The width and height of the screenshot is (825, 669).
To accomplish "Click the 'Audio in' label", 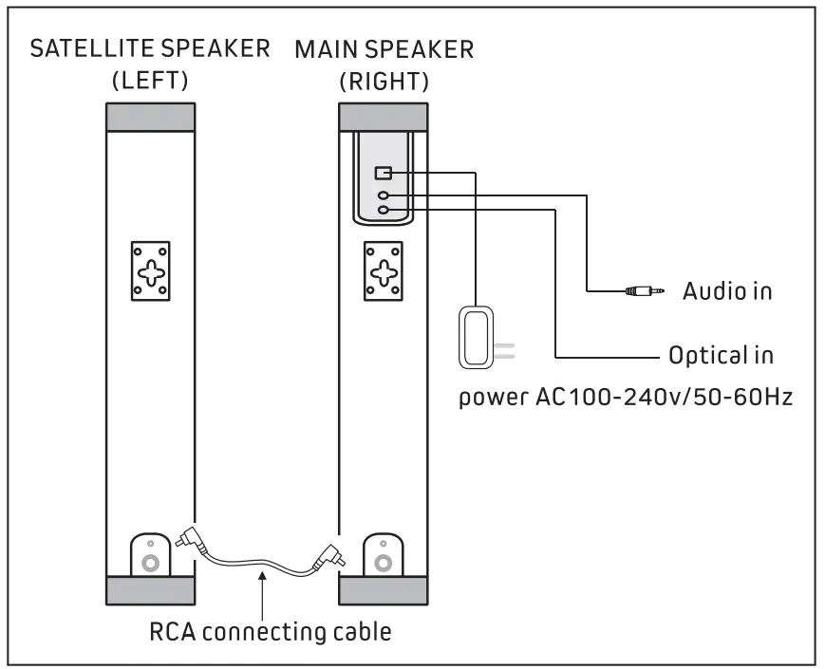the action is click(727, 290).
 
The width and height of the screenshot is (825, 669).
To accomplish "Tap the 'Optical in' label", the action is click(721, 356).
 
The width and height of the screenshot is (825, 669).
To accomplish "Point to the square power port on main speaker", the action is click(383, 173).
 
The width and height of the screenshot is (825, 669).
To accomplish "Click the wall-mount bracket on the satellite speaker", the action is click(151, 271).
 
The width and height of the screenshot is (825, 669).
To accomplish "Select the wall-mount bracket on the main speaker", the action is click(383, 271).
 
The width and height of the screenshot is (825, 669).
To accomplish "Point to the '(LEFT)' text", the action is click(151, 81).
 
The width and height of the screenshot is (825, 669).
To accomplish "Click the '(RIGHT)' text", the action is click(384, 82).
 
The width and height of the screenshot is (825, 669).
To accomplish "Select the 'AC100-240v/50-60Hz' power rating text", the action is click(664, 397).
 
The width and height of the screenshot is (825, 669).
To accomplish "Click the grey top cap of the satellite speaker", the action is click(151, 117).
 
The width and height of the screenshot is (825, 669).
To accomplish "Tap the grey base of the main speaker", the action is click(383, 590).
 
